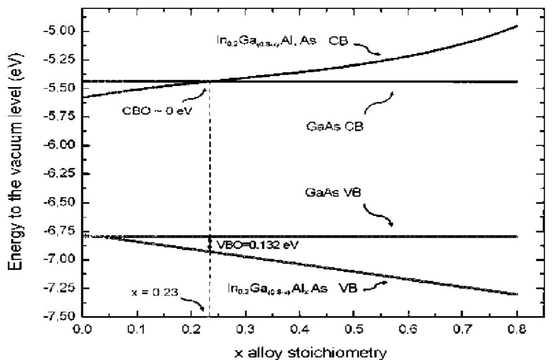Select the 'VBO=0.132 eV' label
click(x=256, y=244)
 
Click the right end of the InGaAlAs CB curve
click(x=517, y=26)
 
